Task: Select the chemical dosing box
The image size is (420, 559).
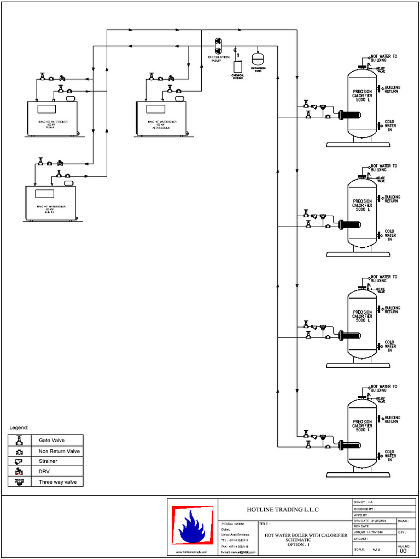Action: [x=238, y=67]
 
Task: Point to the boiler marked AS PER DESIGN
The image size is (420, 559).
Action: [x=161, y=117]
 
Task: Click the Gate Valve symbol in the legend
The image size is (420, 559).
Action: [x=19, y=440]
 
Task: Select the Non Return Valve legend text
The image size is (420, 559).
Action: [x=59, y=451]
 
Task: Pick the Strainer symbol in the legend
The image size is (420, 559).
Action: [x=19, y=461]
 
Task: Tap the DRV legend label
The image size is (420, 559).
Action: [x=44, y=472]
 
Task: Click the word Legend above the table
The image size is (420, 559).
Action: [x=19, y=427]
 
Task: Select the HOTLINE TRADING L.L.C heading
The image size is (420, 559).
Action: [x=282, y=509]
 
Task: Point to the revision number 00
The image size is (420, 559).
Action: [x=404, y=551]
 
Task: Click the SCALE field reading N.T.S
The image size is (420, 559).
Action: [x=377, y=549]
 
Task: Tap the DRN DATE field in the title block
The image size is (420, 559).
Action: [x=374, y=521]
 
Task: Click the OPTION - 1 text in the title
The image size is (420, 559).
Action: [x=298, y=544]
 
